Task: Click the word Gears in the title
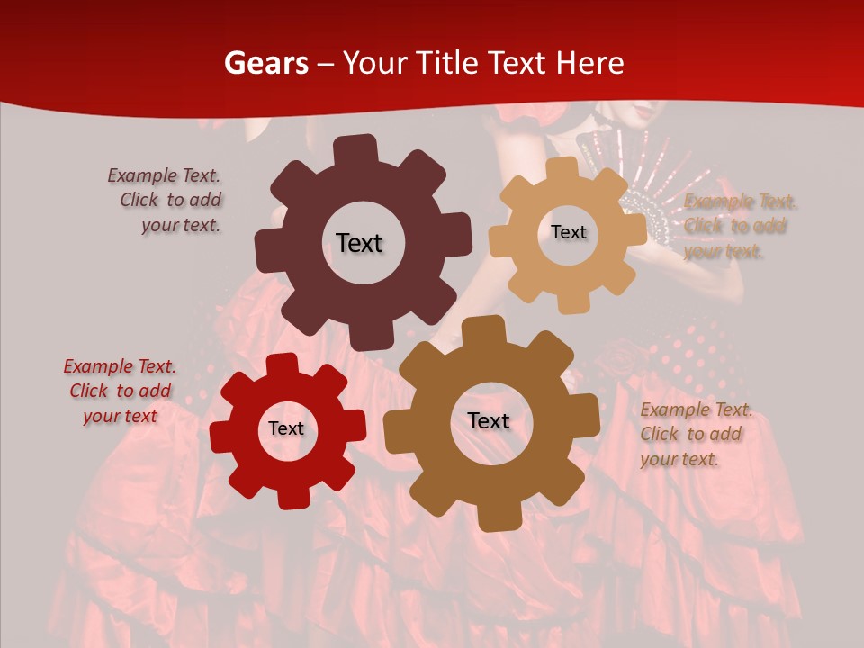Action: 265,63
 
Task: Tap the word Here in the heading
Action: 589,63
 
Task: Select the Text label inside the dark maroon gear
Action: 359,243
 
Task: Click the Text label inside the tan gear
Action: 568,232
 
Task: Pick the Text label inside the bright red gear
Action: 286,428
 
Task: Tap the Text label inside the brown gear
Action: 489,420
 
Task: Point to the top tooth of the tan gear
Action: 562,170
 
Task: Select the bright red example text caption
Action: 121,391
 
